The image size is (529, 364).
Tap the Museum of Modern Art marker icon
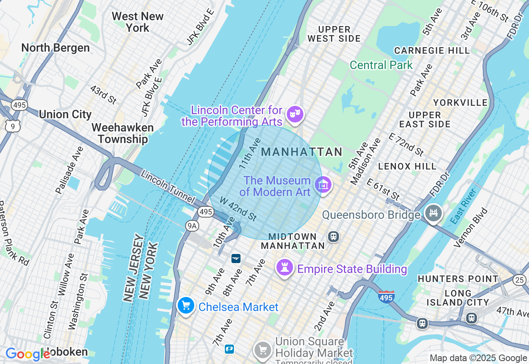[323, 184]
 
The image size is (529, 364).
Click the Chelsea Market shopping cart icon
[186, 306]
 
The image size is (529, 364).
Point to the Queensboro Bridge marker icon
[433, 213]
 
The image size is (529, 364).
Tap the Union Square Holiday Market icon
[262, 350]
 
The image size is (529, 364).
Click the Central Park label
[381, 65]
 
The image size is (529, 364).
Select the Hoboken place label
[66, 352]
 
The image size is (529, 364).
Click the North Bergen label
[55, 48]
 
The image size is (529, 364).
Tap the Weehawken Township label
[122, 133]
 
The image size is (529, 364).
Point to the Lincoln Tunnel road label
[167, 187]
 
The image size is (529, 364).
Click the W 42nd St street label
[238, 209]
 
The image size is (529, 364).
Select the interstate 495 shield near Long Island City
[386, 297]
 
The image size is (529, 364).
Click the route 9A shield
[192, 225]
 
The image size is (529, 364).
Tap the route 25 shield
[519, 280]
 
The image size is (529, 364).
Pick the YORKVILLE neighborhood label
[460, 103]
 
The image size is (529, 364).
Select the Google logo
[27, 354]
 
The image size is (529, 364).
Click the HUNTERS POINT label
[458, 279]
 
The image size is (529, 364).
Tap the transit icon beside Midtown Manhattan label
[334, 237]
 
